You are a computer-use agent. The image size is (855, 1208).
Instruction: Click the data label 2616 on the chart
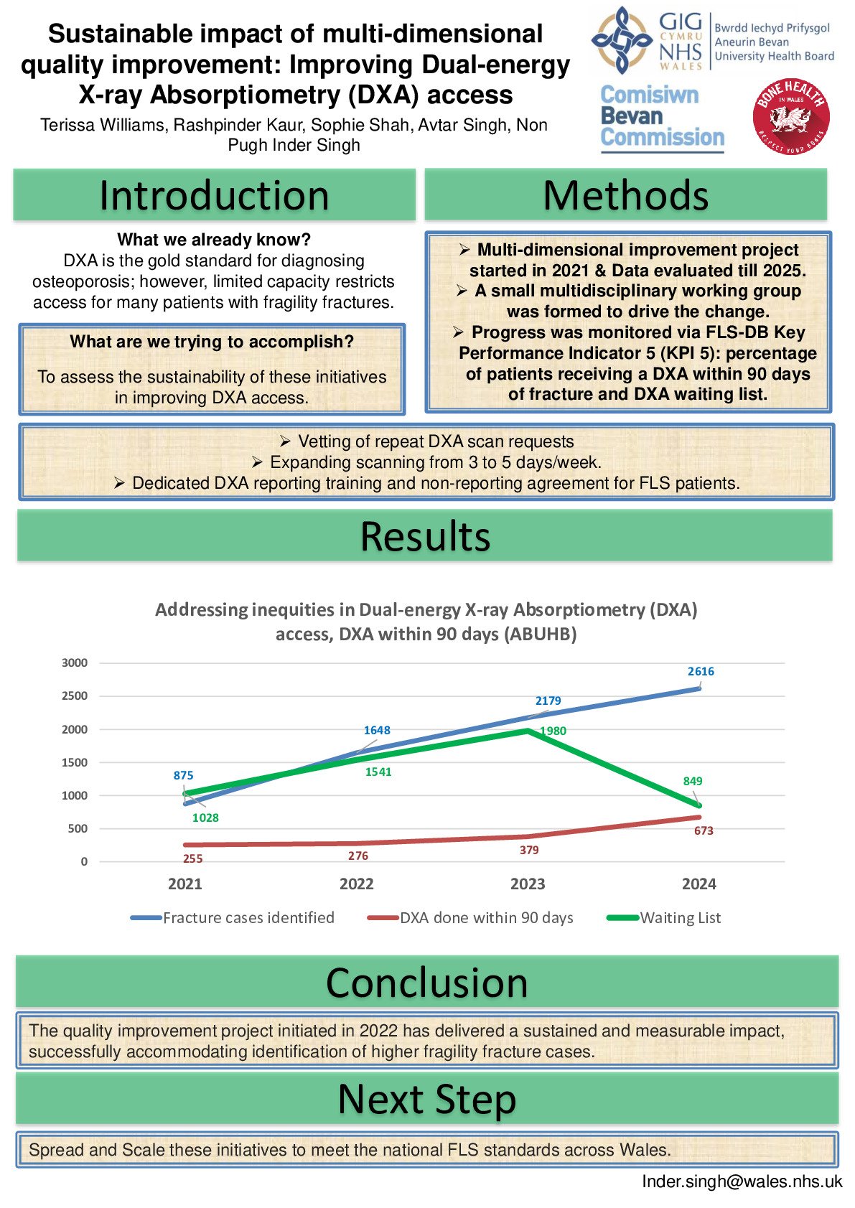pyautogui.click(x=701, y=672)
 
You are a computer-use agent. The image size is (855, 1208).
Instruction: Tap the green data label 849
pyautogui.click(x=693, y=781)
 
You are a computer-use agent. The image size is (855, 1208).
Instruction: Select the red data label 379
pyautogui.click(x=529, y=850)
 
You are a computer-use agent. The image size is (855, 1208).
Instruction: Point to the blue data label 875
pyautogui.click(x=183, y=775)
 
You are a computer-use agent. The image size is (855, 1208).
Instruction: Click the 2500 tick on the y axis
pyautogui.click(x=75, y=696)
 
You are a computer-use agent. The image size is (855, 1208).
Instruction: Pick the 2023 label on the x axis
pyautogui.click(x=528, y=884)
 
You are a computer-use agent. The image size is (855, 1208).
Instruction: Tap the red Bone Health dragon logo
pyautogui.click(x=791, y=117)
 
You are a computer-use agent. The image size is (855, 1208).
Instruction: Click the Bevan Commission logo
pyautogui.click(x=662, y=117)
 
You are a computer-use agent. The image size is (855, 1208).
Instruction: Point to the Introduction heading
pyautogui.click(x=214, y=195)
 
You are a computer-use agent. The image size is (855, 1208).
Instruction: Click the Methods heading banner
pyautogui.click(x=625, y=195)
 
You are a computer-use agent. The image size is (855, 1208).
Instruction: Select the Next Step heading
pyautogui.click(x=427, y=1099)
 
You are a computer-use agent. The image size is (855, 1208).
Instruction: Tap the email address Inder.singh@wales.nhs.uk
pyautogui.click(x=742, y=1181)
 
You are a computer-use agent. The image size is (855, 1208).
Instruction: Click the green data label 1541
pyautogui.click(x=378, y=772)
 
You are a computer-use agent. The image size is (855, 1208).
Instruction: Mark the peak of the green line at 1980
pyautogui.click(x=528, y=730)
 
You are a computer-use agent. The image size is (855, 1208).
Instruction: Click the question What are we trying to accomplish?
pyautogui.click(x=212, y=342)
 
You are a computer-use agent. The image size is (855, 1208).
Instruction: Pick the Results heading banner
pyautogui.click(x=425, y=536)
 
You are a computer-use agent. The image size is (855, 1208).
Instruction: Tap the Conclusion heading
pyautogui.click(x=427, y=982)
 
